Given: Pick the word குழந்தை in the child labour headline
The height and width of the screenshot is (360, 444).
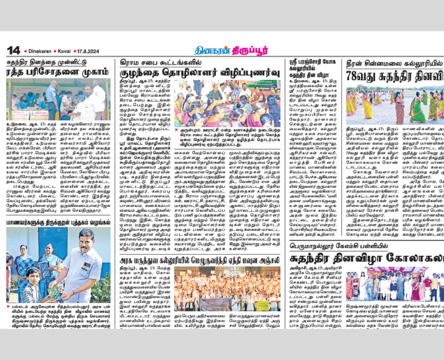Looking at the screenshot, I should point(138,74).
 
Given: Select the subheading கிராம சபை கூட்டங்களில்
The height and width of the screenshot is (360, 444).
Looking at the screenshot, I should point(151,62).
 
